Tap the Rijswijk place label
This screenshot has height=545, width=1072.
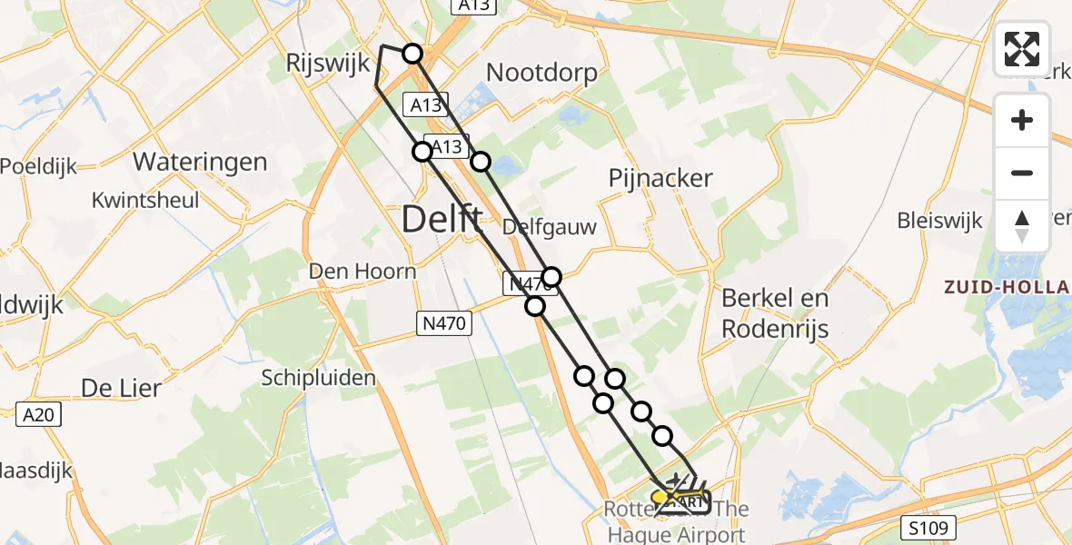[x=329, y=64]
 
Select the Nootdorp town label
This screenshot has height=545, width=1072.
[x=542, y=73]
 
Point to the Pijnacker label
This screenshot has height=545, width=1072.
[x=660, y=178]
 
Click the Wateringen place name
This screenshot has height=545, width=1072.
[x=200, y=163]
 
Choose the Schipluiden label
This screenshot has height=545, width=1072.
[x=318, y=377]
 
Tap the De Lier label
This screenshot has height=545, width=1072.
[x=121, y=388]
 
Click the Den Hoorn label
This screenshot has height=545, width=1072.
[x=362, y=271]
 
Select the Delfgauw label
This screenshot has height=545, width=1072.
[x=549, y=226]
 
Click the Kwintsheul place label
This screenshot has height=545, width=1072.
[x=145, y=199]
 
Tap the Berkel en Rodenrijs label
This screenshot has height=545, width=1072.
[x=775, y=312]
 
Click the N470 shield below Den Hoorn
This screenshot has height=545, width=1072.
[x=444, y=322]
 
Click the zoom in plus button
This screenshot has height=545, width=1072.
[x=1022, y=120]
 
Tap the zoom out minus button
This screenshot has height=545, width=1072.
[x=1022, y=173]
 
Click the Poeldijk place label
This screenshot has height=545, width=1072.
[x=37, y=166]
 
